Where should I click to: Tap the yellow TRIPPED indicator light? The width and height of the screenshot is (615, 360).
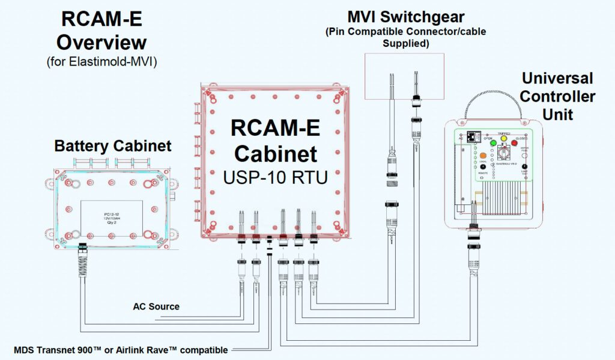pyautogui.click(x=503, y=139)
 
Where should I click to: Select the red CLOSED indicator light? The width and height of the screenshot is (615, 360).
pyautogui.click(x=514, y=143)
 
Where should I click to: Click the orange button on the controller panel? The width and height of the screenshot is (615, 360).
pyautogui.click(x=483, y=156)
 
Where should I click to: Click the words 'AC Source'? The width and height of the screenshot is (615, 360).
pyautogui.click(x=156, y=307)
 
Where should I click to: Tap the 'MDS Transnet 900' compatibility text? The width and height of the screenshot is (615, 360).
pyautogui.click(x=120, y=350)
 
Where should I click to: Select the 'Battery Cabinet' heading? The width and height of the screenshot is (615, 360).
pyautogui.click(x=113, y=146)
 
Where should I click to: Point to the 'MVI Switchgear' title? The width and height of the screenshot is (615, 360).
pyautogui.click(x=405, y=16)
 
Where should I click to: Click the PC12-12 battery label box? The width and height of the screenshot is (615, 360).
pyautogui.click(x=111, y=218)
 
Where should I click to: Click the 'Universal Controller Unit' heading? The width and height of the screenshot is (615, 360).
pyautogui.click(x=558, y=96)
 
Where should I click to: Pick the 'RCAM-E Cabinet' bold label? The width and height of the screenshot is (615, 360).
pyautogui.click(x=275, y=141)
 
